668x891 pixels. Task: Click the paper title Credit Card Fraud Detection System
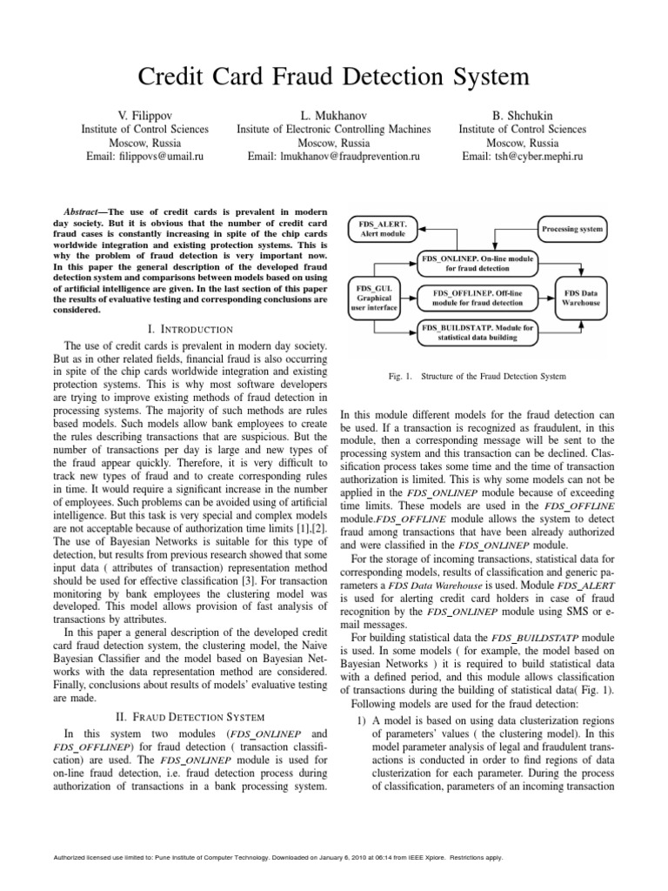(x=334, y=77)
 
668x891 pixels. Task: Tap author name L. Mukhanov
(x=334, y=115)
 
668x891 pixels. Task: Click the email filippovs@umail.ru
(x=144, y=157)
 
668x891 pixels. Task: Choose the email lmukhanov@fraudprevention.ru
(x=334, y=157)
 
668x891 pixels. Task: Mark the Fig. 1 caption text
(x=480, y=376)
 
